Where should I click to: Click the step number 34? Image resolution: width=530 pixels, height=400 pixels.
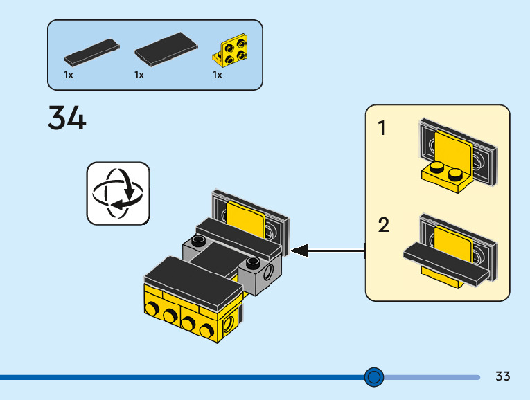click(67, 118)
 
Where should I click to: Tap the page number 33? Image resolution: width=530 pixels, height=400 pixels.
click(502, 376)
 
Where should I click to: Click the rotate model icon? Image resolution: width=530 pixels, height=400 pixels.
click(118, 193)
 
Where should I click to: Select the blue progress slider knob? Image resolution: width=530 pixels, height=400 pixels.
click(374, 377)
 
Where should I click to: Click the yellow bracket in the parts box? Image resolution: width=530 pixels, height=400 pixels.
click(231, 50)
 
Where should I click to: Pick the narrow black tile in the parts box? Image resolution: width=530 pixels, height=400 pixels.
click(91, 53)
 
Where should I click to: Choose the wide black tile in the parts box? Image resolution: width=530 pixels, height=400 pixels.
click(166, 49)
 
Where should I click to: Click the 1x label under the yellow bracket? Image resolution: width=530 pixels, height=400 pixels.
click(218, 75)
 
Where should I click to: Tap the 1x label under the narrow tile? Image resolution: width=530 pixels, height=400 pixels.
click(69, 75)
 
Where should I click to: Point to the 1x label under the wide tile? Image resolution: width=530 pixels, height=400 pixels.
click(139, 75)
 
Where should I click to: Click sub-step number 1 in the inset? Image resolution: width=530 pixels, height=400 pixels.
click(382, 128)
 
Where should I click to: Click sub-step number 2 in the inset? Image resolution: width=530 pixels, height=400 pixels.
click(384, 225)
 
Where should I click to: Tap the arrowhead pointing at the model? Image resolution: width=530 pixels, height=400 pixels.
click(299, 251)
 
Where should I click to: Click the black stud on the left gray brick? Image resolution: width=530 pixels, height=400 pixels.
click(199, 241)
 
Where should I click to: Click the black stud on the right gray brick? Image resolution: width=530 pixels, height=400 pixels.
click(253, 262)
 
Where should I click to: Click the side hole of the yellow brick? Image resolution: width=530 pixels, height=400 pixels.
click(229, 324)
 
